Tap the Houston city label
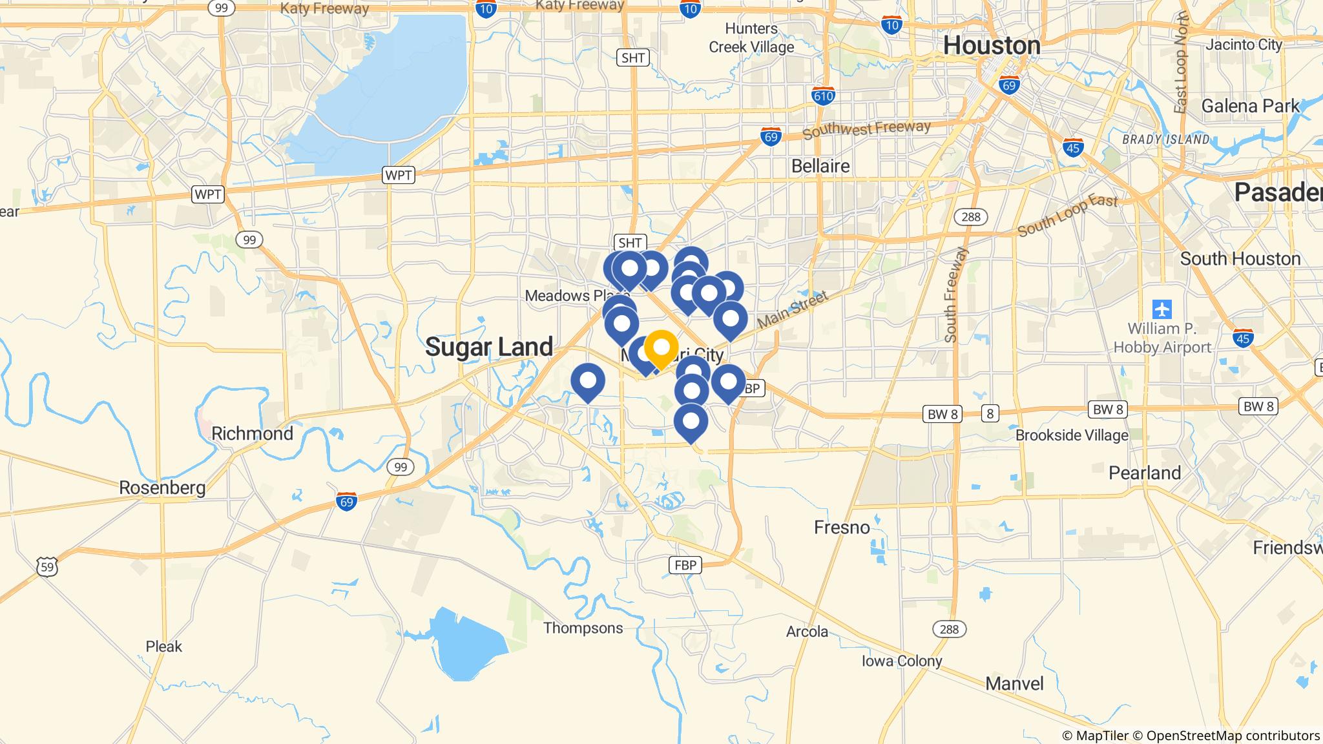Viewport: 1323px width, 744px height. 992,46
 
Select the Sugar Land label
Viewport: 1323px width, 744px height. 489,347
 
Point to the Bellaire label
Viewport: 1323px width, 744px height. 820,166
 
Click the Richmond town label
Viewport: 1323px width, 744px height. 252,433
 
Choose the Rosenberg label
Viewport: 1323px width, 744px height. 162,488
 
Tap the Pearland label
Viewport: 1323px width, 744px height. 1145,473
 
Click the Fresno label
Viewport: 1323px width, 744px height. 842,528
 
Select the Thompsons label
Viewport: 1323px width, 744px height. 583,628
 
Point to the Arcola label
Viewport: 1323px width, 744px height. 807,631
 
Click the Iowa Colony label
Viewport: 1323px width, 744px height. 902,661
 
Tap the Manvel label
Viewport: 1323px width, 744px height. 1014,683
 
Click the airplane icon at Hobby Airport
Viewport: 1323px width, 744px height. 1162,309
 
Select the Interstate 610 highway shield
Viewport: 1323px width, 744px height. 823,96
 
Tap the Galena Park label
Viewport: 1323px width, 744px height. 1250,106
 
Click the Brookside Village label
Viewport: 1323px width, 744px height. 1072,435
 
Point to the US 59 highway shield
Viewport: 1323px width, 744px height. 47,568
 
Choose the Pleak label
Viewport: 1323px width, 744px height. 163,646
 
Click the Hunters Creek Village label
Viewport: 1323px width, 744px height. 751,37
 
